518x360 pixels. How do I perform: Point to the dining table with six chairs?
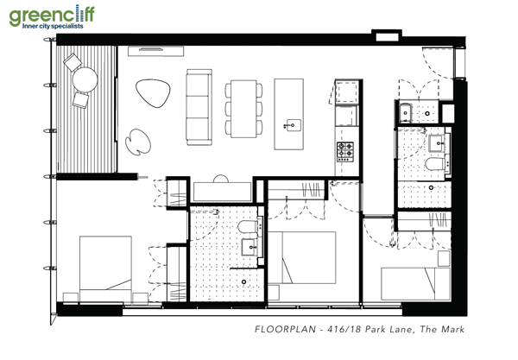tap(243, 107)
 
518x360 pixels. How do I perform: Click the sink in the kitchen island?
tap(288, 123)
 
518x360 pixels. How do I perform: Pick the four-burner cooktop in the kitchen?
tap(346, 152)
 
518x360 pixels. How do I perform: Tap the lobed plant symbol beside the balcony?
tap(136, 140)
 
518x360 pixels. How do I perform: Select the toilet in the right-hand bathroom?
tap(435, 164)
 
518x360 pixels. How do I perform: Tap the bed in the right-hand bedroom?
tap(415, 285)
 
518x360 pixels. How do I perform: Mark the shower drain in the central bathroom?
tap(244, 281)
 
